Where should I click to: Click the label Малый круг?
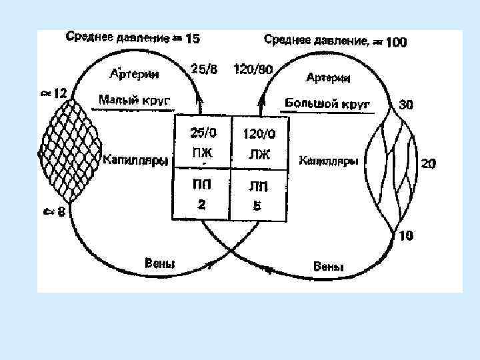click(x=135, y=101)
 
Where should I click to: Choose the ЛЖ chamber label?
click(x=257, y=154)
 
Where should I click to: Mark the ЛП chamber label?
click(x=257, y=186)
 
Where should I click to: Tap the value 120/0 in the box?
click(x=258, y=134)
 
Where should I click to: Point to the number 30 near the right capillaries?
click(x=405, y=104)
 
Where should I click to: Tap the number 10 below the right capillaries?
click(x=405, y=234)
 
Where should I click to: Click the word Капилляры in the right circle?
click(x=329, y=161)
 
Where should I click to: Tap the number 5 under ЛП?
click(x=257, y=205)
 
